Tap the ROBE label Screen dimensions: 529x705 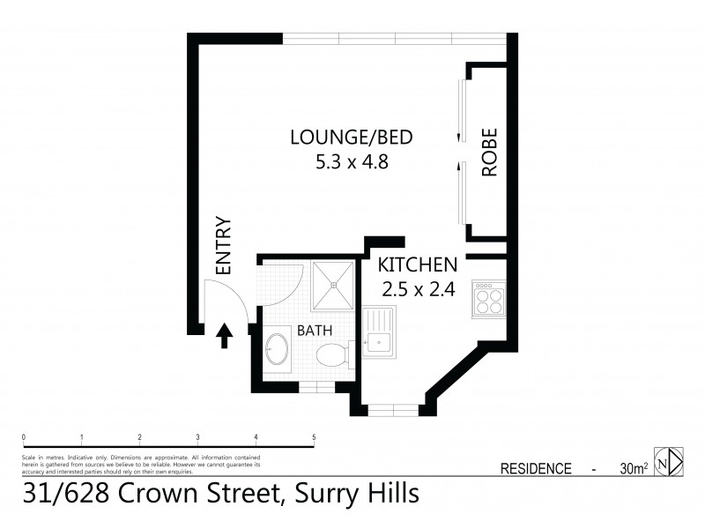[490, 153]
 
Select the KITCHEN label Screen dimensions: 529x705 [417, 264]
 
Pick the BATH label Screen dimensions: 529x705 [314, 332]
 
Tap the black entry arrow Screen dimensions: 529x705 [224, 335]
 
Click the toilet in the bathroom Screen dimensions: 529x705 [333, 356]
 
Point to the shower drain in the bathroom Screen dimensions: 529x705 [333, 283]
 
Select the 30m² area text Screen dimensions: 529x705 [634, 469]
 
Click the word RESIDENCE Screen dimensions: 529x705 [536, 469]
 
